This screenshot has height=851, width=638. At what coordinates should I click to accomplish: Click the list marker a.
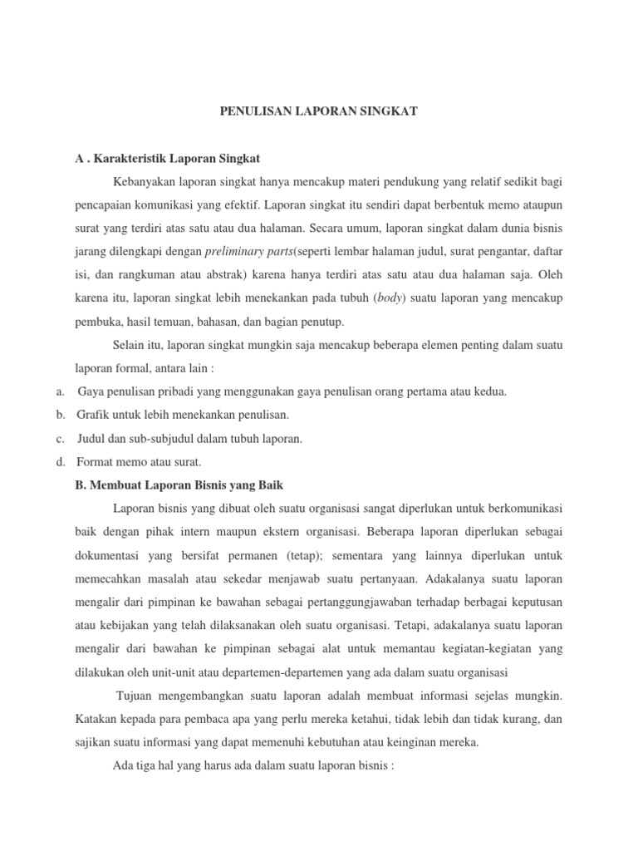[x=61, y=391]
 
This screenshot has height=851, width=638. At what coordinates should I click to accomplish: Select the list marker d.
[x=61, y=460]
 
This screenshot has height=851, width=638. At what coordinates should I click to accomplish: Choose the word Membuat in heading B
[x=117, y=484]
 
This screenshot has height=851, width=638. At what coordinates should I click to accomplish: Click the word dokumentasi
[x=109, y=553]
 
